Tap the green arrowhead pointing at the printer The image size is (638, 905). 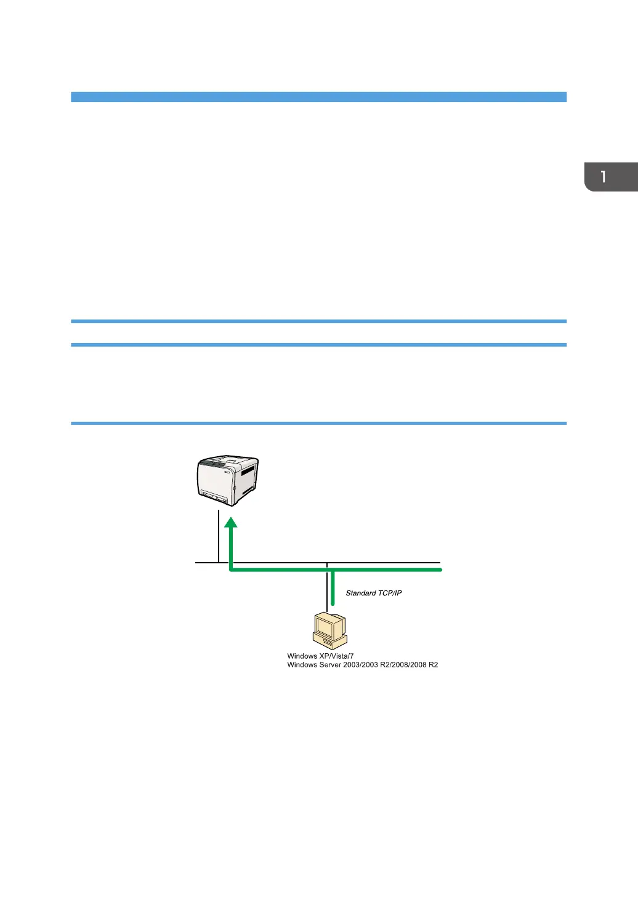(x=230, y=523)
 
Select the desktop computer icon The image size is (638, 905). (x=329, y=630)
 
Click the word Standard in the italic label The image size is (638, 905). (x=361, y=593)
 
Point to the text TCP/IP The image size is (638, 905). (x=390, y=593)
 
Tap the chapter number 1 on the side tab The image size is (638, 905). (x=604, y=177)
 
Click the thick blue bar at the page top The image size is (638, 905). (x=318, y=97)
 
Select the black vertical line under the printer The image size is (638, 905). (x=219, y=536)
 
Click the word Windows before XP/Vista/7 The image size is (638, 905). (x=302, y=656)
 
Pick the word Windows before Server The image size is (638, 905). (x=302, y=665)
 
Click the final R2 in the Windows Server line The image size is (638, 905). (x=433, y=665)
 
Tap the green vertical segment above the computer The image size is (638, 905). (x=333, y=588)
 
